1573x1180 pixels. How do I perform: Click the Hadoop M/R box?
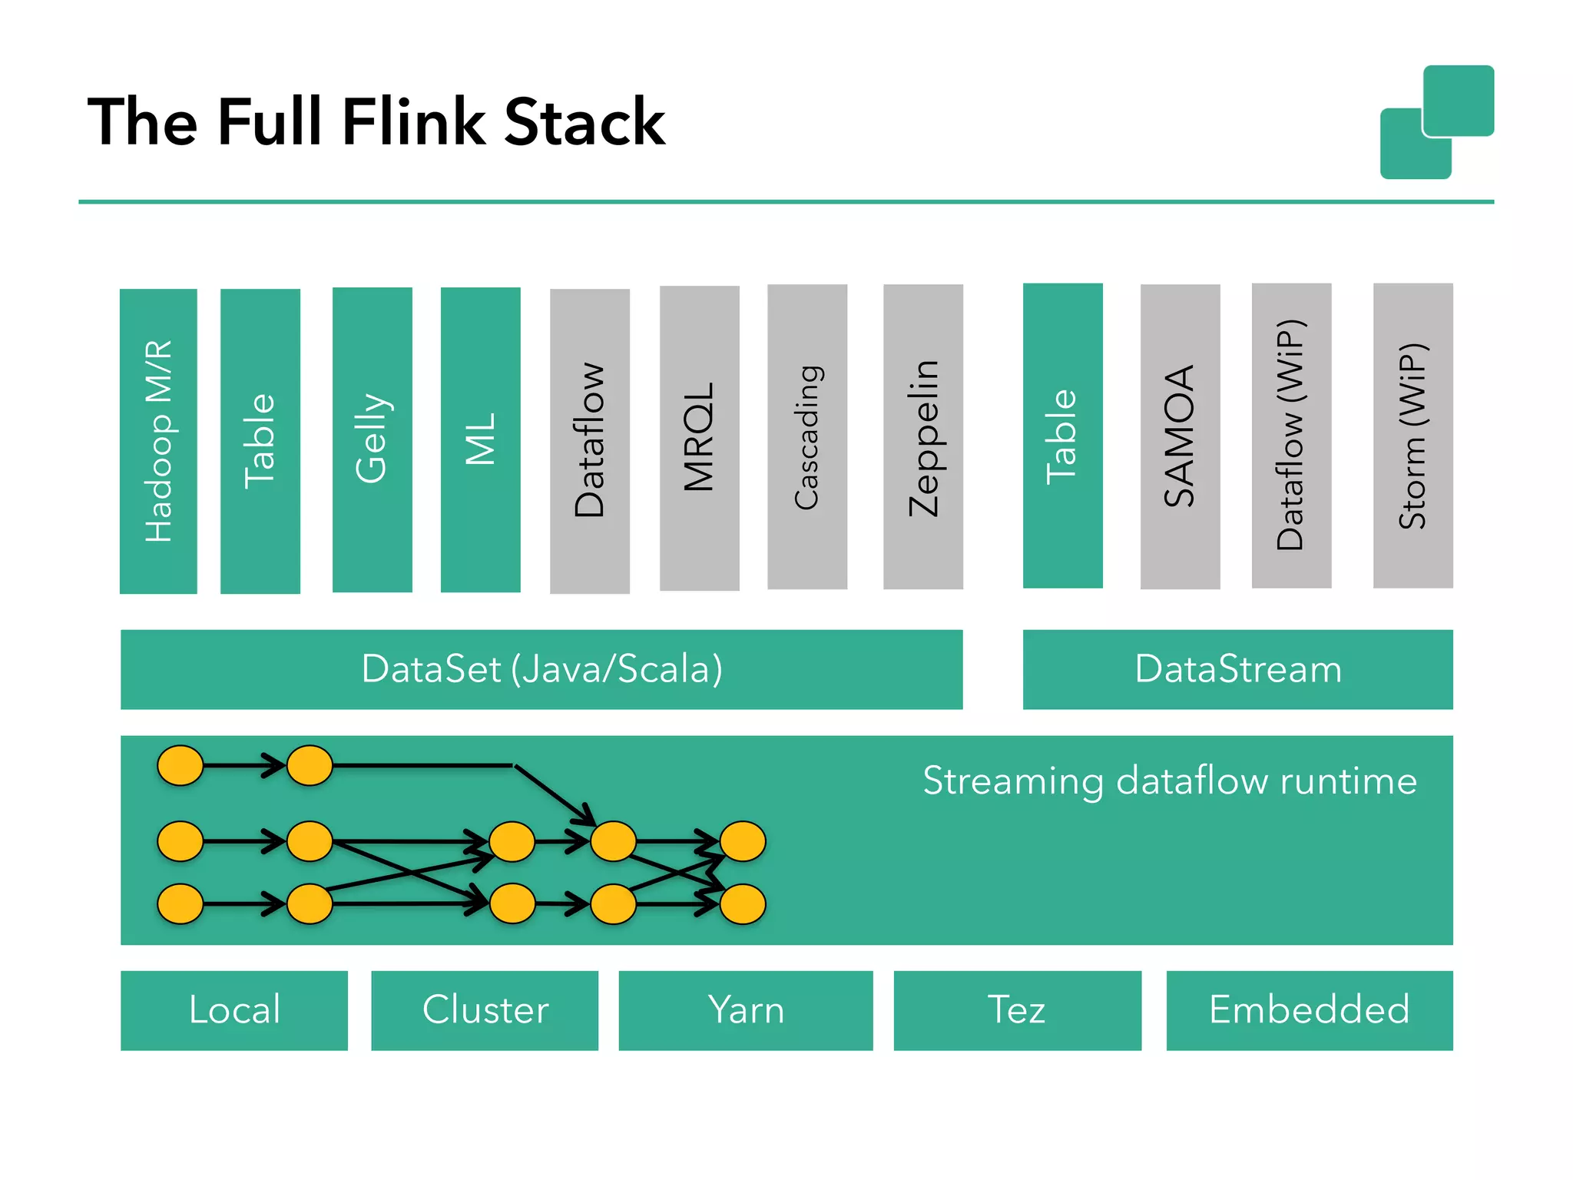pos(158,441)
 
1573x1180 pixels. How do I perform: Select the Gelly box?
pos(372,439)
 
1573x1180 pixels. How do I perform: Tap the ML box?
pos(480,439)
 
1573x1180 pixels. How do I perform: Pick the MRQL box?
pos(699,438)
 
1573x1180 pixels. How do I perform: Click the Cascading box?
pos(806,436)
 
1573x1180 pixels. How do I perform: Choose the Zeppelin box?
pos(922,436)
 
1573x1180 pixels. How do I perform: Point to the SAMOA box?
pos(1180,436)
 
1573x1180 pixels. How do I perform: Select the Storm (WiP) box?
pos(1412,436)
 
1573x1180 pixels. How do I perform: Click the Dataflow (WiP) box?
pos(1291,436)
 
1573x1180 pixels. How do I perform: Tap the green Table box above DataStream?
pos(1062,436)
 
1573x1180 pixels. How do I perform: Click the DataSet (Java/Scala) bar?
pos(541,669)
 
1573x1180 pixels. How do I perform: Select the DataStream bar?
pos(1237,669)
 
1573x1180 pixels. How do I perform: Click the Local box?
pos(234,1010)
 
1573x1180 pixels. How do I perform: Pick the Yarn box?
pos(745,1010)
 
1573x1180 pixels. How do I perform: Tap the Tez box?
pos(1017,1010)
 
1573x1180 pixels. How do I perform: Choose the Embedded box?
pos(1309,1010)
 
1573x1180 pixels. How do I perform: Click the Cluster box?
pos(485,1010)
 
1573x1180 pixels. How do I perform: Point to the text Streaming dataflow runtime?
pos(1169,781)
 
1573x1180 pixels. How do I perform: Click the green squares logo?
pos(1436,122)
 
